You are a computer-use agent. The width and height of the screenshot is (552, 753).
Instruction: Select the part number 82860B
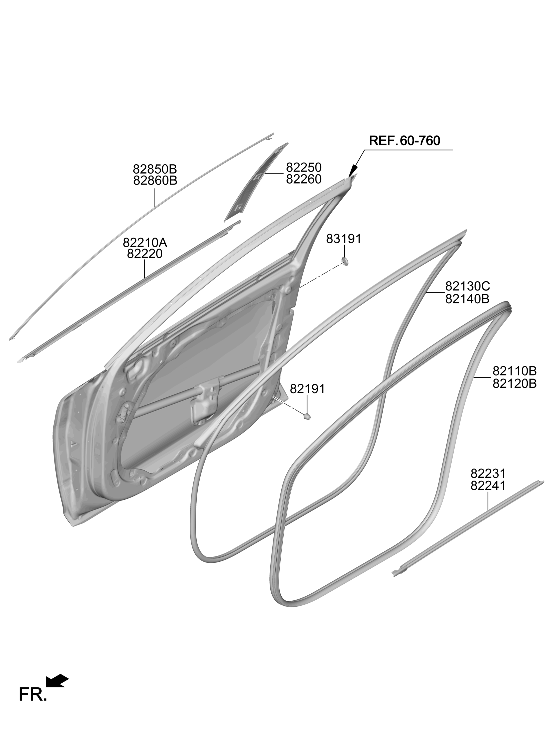[x=155, y=181]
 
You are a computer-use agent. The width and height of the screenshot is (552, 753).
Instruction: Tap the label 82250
[x=304, y=168]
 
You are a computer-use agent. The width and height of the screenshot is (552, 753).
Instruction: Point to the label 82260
[x=304, y=179]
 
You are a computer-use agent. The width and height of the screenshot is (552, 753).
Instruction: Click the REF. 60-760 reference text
[x=404, y=141]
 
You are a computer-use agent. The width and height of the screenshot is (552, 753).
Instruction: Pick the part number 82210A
[x=145, y=243]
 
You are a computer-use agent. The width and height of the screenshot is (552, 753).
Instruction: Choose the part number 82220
[x=145, y=254]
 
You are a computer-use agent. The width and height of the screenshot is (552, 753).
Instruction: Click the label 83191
[x=344, y=239]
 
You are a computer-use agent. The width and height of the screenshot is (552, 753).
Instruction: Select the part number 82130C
[x=467, y=286]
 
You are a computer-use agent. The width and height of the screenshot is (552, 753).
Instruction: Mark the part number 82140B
[x=467, y=299]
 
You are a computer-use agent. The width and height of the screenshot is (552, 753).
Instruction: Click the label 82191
[x=307, y=389]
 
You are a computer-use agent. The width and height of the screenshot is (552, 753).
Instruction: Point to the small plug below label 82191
[x=307, y=416]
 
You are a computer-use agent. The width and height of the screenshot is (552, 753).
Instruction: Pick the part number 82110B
[x=515, y=371]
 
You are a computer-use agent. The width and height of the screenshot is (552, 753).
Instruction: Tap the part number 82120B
[x=515, y=383]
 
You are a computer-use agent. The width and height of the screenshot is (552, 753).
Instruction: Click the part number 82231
[x=488, y=473]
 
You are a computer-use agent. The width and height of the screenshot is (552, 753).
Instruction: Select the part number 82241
[x=488, y=485]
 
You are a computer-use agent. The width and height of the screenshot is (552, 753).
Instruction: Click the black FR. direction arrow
[x=57, y=681]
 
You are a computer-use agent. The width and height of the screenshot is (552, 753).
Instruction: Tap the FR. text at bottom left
[x=33, y=695]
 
